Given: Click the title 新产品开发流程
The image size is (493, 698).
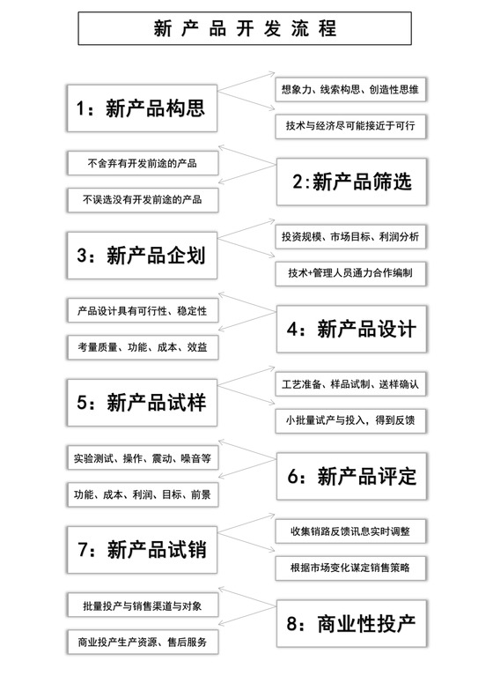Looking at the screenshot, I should [246, 30].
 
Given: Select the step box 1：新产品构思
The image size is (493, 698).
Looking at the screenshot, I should [142, 109].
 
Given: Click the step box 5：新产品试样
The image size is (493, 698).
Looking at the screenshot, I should [142, 403].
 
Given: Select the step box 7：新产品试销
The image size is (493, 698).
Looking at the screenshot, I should [142, 550].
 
